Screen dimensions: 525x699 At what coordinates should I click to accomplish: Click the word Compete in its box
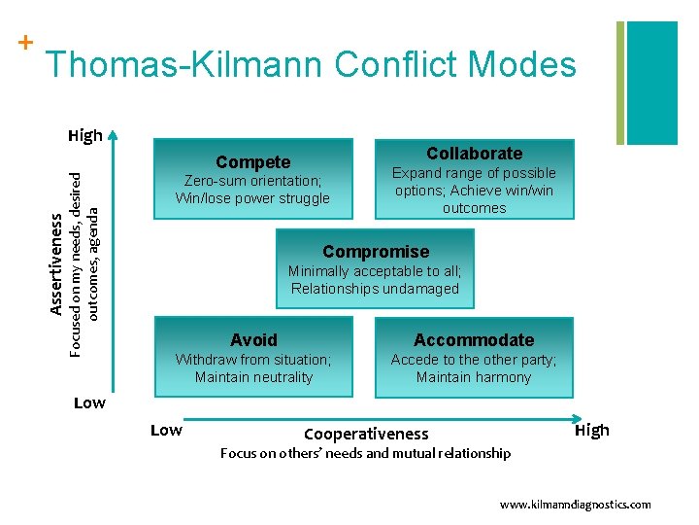click(x=252, y=162)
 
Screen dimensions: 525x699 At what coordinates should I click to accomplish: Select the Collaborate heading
click(x=474, y=154)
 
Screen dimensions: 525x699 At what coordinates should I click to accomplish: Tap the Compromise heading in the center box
click(x=375, y=252)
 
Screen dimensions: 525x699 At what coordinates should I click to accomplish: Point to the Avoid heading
click(x=253, y=340)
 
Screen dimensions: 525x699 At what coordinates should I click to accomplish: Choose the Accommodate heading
click(x=474, y=340)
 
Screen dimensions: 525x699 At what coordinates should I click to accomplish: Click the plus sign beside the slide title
click(x=24, y=43)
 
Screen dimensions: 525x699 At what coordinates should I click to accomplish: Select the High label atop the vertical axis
click(x=85, y=136)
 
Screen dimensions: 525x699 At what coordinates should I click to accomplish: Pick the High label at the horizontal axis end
click(x=592, y=430)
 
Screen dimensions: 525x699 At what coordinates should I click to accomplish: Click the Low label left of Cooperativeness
click(x=166, y=431)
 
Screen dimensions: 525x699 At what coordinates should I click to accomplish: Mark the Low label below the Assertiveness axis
click(x=89, y=402)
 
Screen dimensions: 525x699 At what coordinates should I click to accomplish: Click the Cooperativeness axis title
click(x=366, y=434)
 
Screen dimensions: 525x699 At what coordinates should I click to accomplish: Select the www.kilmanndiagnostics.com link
click(x=575, y=505)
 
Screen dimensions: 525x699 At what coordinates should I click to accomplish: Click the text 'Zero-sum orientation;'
click(x=253, y=181)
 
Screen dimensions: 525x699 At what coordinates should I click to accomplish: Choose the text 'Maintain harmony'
click(x=474, y=377)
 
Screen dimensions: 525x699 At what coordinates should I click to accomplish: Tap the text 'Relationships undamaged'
click(x=375, y=289)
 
